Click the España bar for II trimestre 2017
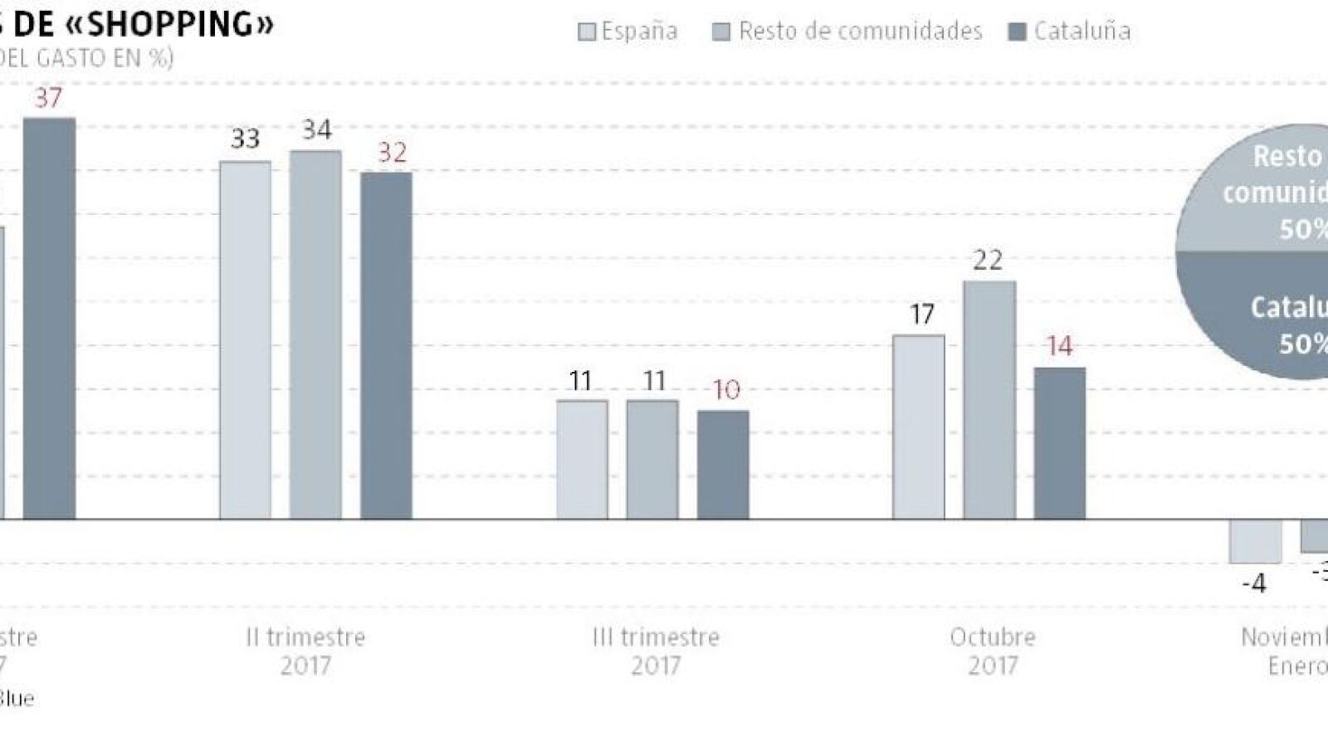pos(245,340)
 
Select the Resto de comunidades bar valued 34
pos(315,335)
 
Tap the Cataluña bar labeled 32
pos(386,345)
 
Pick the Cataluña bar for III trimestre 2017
pos(723,465)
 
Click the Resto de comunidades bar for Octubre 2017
pos(989,400)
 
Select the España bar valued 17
pos(919,427)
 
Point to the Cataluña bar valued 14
pos(1060,443)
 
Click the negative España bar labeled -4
pos(1255,541)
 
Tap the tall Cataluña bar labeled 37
pos(49,319)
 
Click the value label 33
pos(245,139)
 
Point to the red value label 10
pos(726,390)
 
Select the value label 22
pos(988,261)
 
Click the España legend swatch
pos(587,32)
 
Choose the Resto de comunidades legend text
pos(860,32)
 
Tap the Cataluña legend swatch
pos(1017,32)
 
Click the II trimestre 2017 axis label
pos(305,651)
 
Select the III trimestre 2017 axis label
pos(656,651)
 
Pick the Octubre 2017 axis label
pos(993,651)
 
